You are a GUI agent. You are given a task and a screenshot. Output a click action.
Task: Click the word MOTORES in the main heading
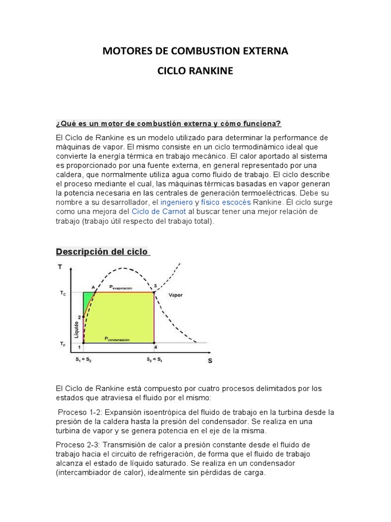tap(124, 51)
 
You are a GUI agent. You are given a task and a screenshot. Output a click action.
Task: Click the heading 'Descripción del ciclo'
tap(102, 252)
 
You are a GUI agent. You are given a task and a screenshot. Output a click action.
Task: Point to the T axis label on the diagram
tap(61, 267)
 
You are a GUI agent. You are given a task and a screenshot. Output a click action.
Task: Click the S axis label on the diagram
tap(210, 360)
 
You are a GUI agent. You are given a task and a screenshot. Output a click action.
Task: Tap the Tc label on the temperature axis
tap(62, 293)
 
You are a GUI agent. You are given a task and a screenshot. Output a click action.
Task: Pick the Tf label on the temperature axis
tap(62, 344)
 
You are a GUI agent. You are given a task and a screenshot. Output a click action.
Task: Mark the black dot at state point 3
tap(154, 292)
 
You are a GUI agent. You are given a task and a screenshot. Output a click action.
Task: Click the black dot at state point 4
tap(154, 342)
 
